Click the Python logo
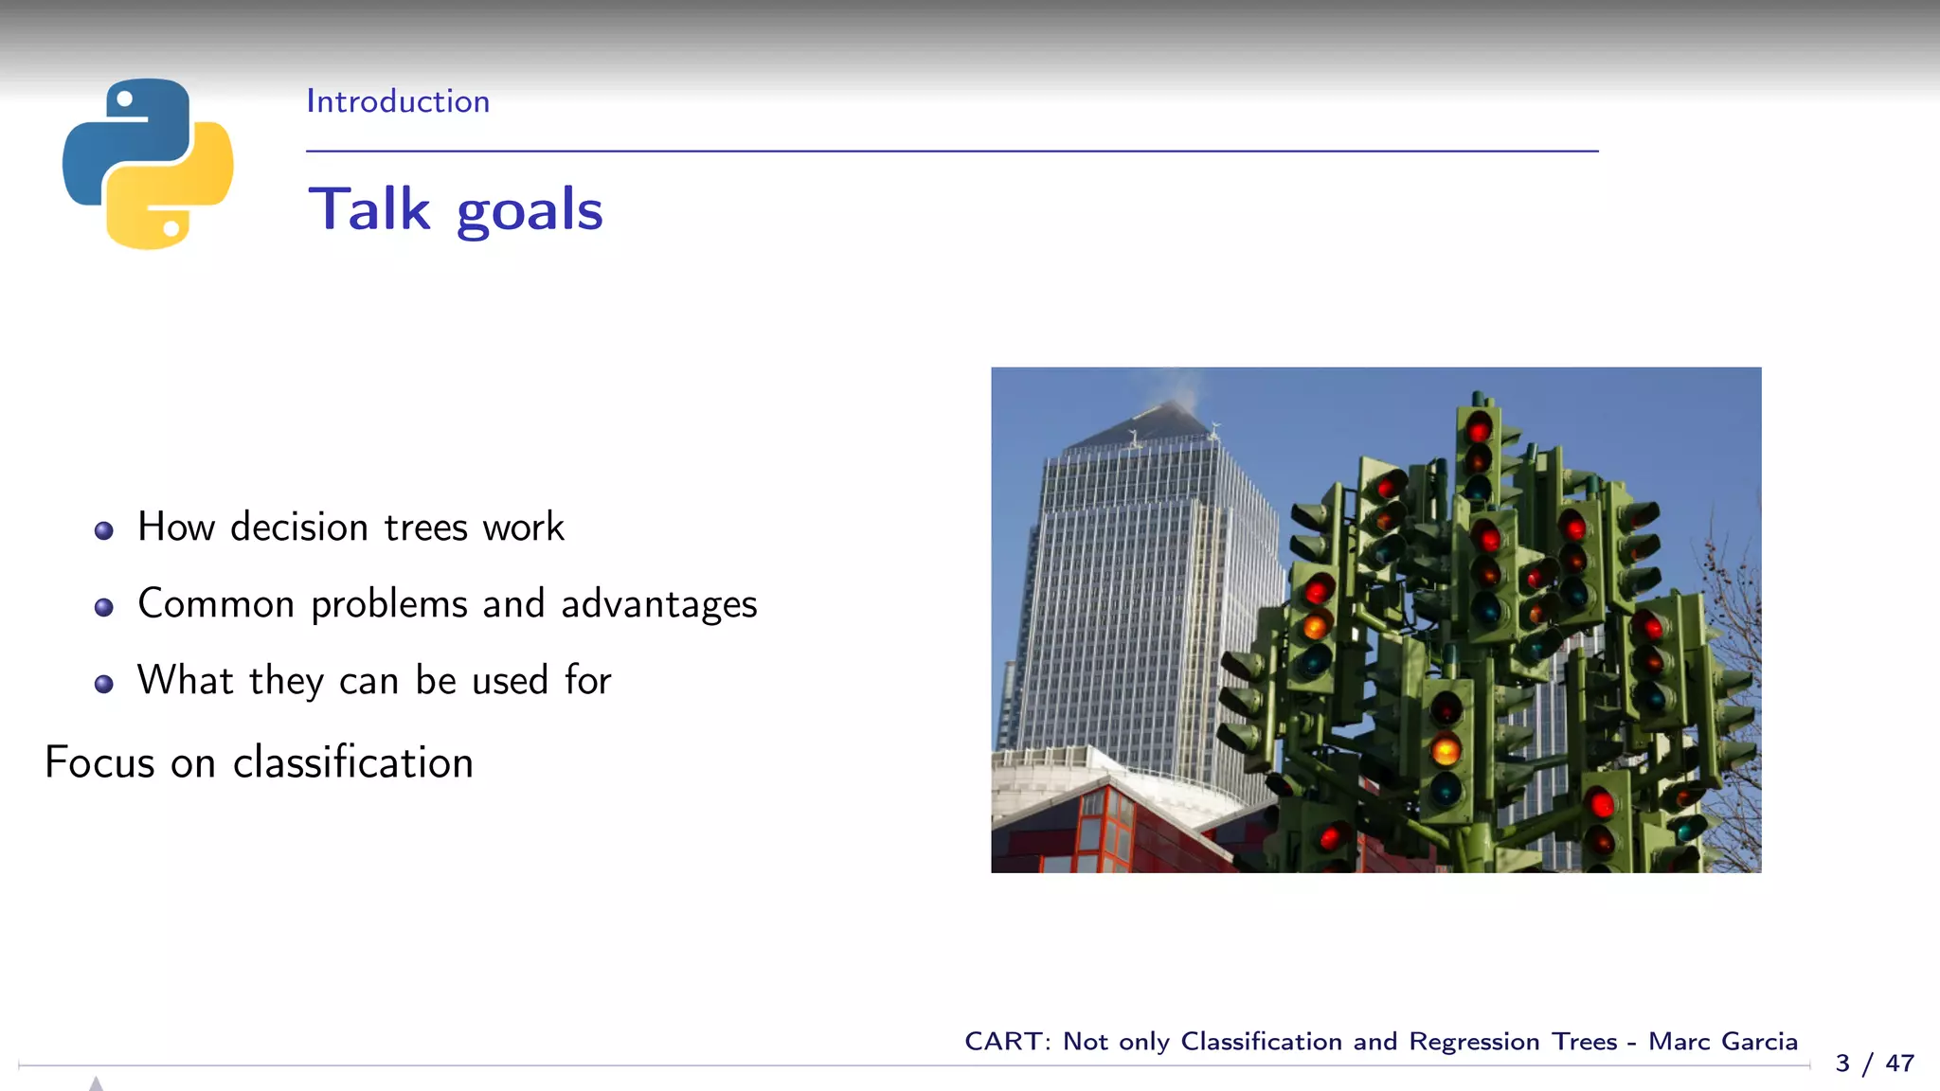tap(148, 164)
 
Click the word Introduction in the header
tap(398, 101)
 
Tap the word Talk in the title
tap(369, 209)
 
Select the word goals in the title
tap(530, 211)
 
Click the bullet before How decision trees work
tap(104, 530)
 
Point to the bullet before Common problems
tap(104, 607)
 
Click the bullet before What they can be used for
tap(104, 684)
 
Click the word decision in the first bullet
tap(299, 528)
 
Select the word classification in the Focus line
tap(352, 763)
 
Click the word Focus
tap(99, 763)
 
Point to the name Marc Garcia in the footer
tap(1722, 1042)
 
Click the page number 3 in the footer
tap(1842, 1064)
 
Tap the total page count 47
tap(1899, 1064)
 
